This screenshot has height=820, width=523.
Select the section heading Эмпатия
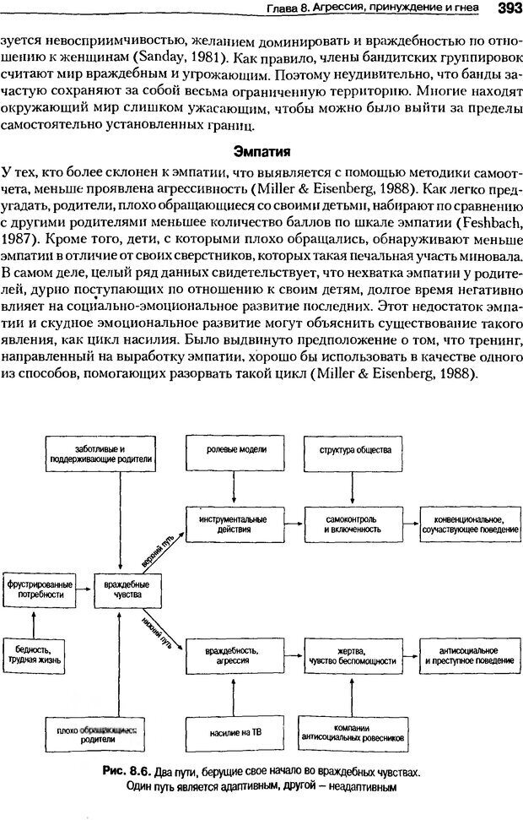tap(261, 152)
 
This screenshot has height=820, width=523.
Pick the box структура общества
tap(354, 451)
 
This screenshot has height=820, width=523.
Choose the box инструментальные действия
tap(232, 523)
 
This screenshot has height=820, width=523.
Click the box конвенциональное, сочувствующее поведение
tap(469, 523)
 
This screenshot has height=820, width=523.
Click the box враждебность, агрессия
tap(232, 656)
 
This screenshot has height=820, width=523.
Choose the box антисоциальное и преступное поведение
tap(469, 656)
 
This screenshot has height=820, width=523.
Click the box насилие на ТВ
tap(232, 731)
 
